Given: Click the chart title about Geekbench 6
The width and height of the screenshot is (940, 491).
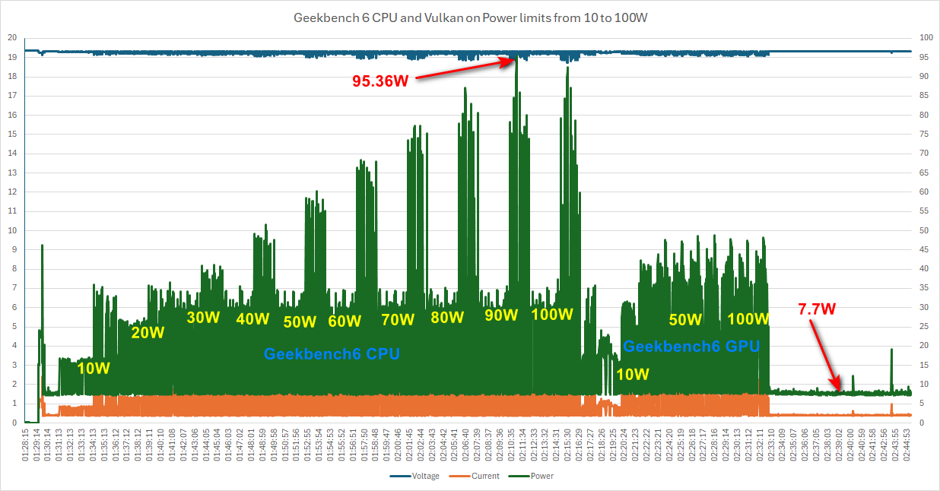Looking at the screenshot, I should click(470, 17).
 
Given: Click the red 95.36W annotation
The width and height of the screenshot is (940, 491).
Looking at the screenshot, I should click(380, 81).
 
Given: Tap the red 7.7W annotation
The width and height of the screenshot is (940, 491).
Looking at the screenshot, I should click(817, 309).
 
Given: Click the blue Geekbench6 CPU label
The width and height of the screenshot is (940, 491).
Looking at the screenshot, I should click(332, 353).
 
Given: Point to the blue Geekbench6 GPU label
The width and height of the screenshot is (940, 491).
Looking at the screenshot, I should click(691, 347).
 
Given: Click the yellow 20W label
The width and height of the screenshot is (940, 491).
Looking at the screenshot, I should click(148, 332).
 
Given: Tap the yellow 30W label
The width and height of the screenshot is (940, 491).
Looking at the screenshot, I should click(203, 317).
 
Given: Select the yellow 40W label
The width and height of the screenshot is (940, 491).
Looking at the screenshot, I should click(252, 318).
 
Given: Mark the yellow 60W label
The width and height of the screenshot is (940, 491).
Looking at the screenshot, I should click(345, 321).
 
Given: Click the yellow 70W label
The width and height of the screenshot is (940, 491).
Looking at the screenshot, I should click(398, 319).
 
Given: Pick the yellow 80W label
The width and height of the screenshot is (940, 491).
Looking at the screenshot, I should click(446, 317).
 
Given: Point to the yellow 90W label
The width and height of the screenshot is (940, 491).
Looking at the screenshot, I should click(500, 315).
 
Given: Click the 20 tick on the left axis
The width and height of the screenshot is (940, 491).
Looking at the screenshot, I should click(11, 37).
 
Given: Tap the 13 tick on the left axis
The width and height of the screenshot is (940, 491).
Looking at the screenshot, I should click(11, 173).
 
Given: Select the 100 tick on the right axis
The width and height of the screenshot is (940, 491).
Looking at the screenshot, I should click(926, 37).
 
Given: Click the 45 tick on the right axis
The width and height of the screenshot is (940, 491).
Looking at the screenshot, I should click(925, 249).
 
